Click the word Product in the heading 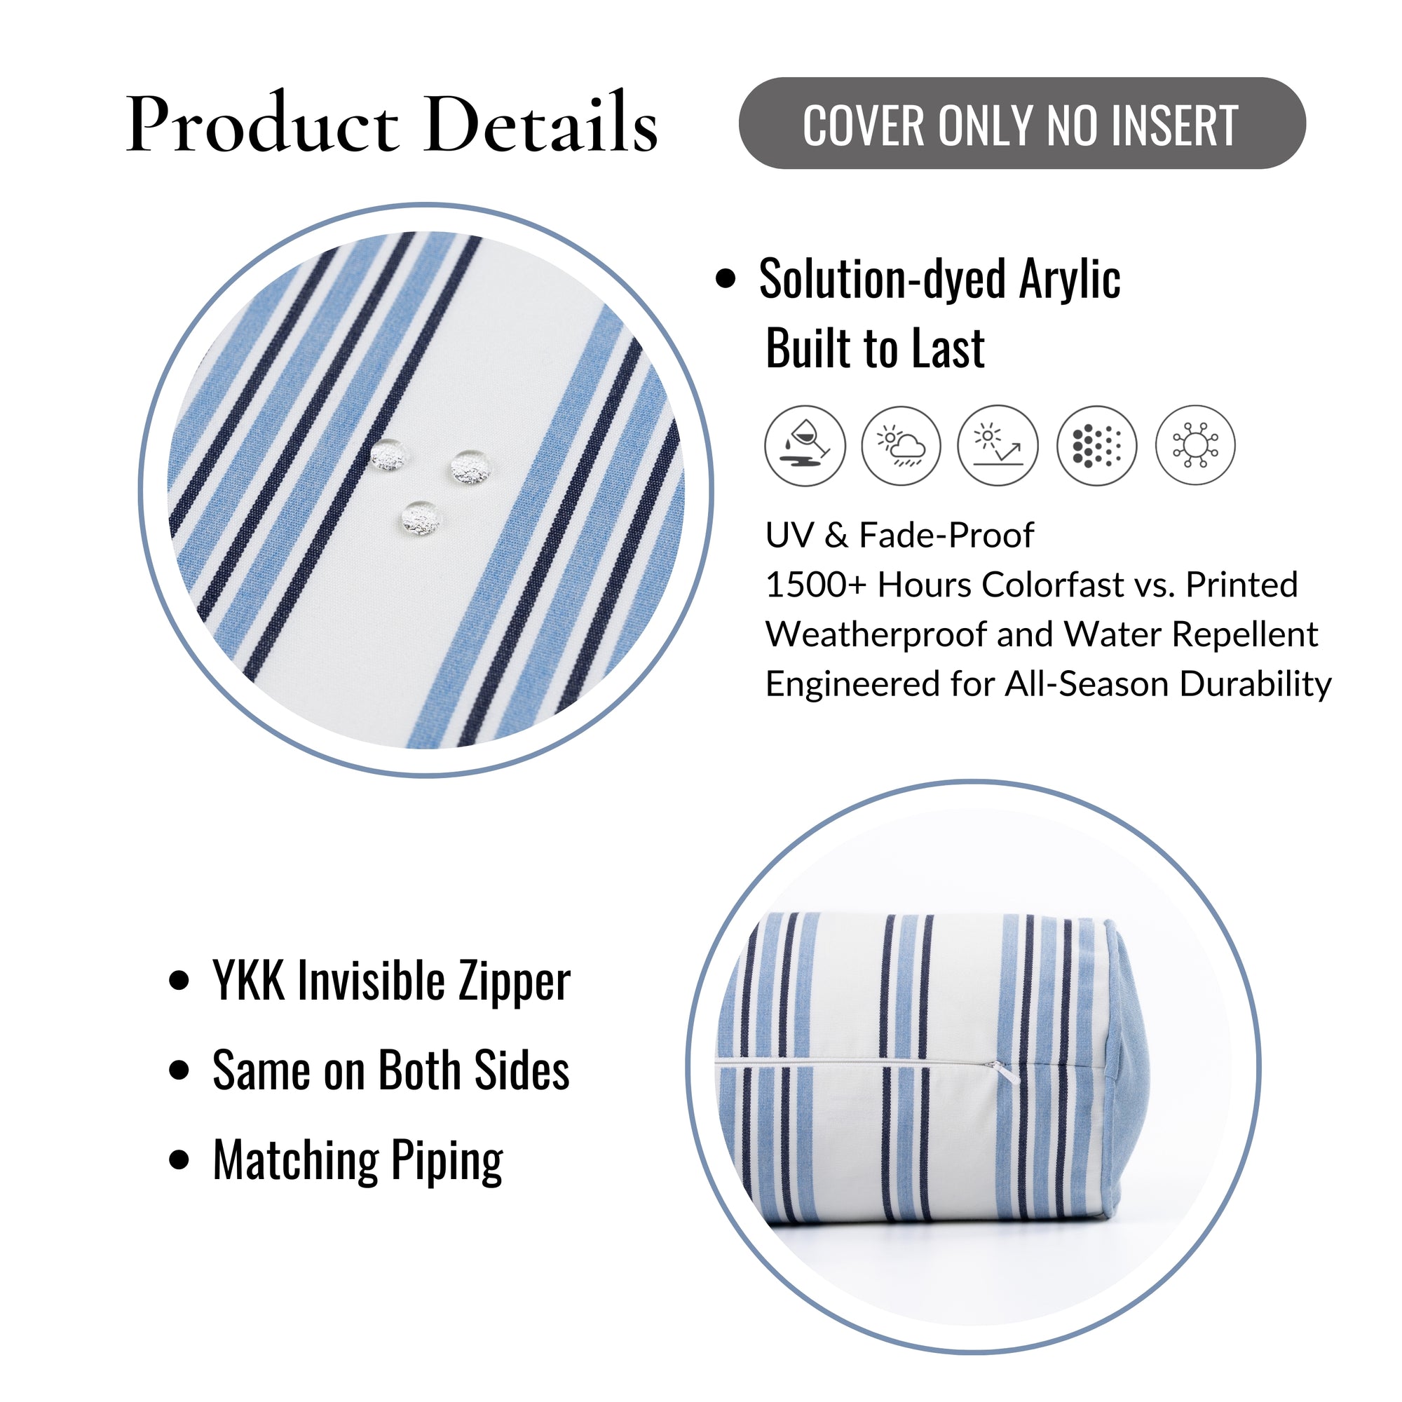pyautogui.click(x=262, y=123)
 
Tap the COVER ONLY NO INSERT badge pyautogui.click(x=1022, y=123)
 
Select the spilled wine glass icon pyautogui.click(x=805, y=446)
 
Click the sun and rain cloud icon pyautogui.click(x=901, y=446)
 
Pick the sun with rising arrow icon pyautogui.click(x=998, y=446)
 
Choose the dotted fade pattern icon pyautogui.click(x=1096, y=446)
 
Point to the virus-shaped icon pyautogui.click(x=1195, y=446)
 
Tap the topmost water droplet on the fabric pyautogui.click(x=388, y=455)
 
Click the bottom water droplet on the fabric pyautogui.click(x=421, y=518)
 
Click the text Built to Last pyautogui.click(x=875, y=349)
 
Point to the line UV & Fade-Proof pyautogui.click(x=899, y=536)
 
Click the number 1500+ pyautogui.click(x=817, y=585)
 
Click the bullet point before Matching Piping pyautogui.click(x=179, y=1159)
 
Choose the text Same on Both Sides pyautogui.click(x=391, y=1070)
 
